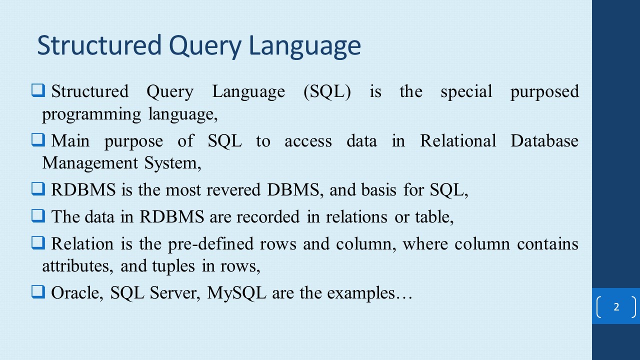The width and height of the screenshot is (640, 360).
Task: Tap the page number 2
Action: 616,307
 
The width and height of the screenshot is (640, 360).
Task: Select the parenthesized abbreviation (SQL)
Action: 327,92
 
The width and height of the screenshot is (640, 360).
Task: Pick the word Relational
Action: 458,141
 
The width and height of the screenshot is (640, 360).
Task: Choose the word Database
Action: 544,141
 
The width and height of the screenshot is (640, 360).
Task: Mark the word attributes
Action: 78,266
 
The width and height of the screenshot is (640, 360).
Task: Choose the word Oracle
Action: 77,293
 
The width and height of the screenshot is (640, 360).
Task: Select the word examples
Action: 361,293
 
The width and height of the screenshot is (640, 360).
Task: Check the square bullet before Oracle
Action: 37,292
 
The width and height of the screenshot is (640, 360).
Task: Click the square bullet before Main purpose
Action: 37,140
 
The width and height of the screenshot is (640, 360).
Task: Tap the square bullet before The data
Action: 37,216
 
